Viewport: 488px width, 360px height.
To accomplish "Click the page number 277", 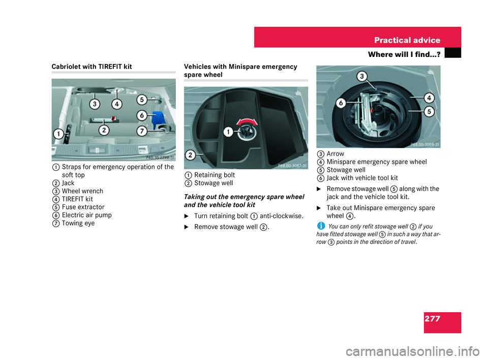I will pos(432,319).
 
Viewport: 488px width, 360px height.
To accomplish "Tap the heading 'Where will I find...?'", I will pos(404,54).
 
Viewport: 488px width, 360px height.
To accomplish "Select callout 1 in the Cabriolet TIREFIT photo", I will pos(59,134).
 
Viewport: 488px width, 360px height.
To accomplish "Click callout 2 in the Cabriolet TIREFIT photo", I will pos(104,130).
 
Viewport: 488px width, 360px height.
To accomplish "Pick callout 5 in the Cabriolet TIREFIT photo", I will pos(142,100).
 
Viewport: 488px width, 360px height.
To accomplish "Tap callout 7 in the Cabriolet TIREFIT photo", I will pos(142,131).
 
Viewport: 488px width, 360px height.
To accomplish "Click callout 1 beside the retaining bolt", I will pos(229,132).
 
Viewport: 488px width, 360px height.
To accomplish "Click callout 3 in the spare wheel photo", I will pos(361,77).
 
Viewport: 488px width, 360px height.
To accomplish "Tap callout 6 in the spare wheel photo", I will pos(341,103).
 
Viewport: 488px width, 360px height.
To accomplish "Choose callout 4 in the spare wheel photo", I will pos(429,97).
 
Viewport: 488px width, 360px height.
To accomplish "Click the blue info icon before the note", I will pos(320,225).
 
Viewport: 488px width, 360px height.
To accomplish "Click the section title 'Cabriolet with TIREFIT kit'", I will pos(92,67).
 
